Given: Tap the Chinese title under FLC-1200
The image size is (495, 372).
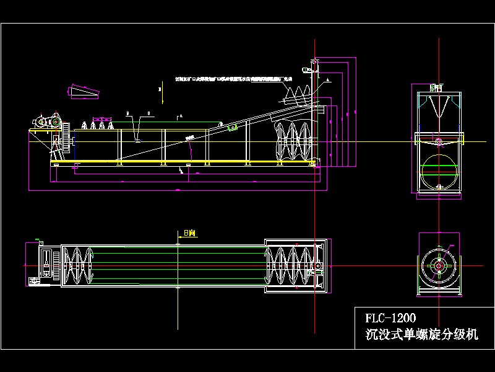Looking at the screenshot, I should pos(422,335).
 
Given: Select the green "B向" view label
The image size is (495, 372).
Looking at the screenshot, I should pos(189,234).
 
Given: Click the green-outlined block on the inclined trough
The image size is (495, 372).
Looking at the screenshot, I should pos(233,128).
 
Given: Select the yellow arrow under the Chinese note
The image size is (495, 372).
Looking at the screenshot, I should pos(159,90).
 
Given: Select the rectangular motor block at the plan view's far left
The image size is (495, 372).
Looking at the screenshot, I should pos(45,264).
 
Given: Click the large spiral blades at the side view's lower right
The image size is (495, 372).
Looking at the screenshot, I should pos(294,142).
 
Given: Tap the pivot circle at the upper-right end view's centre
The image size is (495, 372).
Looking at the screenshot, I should pos(439,141).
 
